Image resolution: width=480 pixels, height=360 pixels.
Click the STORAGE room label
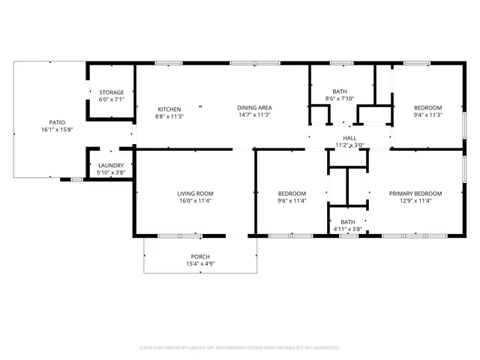112,92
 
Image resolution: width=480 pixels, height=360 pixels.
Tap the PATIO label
57,122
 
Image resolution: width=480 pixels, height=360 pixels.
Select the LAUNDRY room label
111,166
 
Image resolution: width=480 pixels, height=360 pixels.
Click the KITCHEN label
169,109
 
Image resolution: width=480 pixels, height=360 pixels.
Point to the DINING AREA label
253,108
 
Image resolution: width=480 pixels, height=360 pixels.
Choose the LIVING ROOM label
195,193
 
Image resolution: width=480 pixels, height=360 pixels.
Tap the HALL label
349,138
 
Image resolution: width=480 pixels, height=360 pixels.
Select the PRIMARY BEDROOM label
415,193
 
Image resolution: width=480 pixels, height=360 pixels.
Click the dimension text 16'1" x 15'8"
57,130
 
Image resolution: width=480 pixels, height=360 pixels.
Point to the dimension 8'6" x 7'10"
340,98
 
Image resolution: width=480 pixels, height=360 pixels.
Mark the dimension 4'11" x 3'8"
347,229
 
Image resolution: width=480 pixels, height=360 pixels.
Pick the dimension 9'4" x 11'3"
428,115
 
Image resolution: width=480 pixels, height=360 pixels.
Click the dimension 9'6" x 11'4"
291,201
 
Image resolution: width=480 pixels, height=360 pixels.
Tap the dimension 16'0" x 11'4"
195,201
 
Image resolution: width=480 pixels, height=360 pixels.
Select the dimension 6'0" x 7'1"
112,100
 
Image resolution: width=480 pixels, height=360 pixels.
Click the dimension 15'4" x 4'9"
199,264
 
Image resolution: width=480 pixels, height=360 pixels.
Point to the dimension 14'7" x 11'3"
253,115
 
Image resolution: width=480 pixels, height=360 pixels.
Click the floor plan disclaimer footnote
240,348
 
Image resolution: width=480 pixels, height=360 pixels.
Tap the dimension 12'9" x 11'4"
415,201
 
